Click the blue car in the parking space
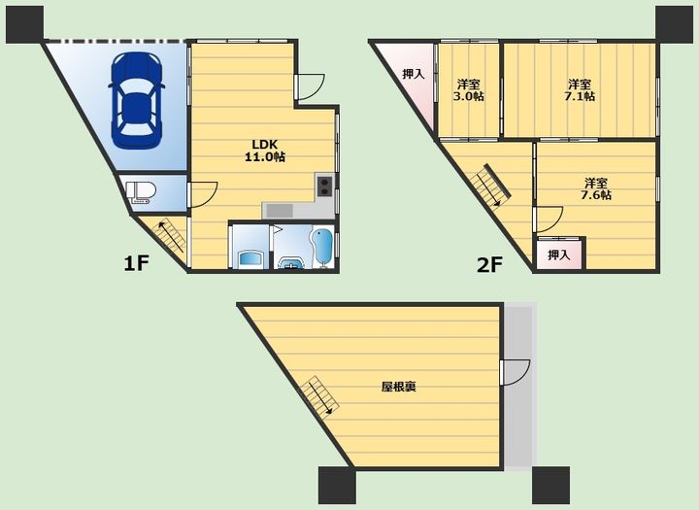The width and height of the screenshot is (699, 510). pos(137,100)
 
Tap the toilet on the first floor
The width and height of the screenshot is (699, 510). pos(141,192)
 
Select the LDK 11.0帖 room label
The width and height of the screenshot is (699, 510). pos(265,151)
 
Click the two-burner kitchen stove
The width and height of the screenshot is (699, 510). pos(324,186)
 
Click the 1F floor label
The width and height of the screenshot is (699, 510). pos(136,263)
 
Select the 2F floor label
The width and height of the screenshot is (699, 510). pos(489,265)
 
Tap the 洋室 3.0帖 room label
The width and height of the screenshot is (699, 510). pos(469,90)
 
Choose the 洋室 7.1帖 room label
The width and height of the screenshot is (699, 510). pos(579,90)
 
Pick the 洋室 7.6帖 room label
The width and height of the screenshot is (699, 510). pos(596,188)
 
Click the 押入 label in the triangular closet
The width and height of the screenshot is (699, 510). pos(414,74)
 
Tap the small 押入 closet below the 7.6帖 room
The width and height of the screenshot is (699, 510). pos(559,255)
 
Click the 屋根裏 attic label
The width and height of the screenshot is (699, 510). pos(399,387)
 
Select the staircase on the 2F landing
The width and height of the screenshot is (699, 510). pos(490,186)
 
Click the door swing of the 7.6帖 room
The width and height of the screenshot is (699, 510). pos(549,220)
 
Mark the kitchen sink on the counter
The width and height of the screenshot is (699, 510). pos(279,210)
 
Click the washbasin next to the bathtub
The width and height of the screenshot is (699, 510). pos(291,263)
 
